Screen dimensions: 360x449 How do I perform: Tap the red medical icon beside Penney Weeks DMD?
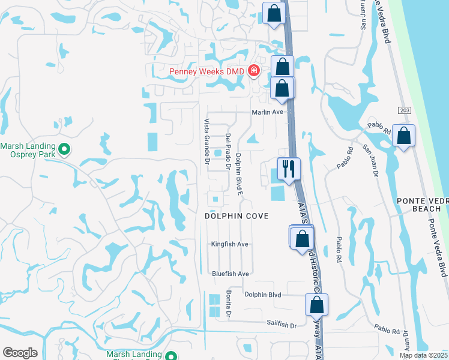click(x=253, y=71)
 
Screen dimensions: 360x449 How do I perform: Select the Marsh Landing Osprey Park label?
click(x=28, y=150)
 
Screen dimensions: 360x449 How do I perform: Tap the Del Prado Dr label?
click(x=228, y=151)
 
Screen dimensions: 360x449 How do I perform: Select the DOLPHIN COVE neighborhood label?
click(x=236, y=215)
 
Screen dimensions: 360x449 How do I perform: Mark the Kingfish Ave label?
click(x=229, y=244)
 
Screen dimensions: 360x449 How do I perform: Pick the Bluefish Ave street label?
click(x=230, y=274)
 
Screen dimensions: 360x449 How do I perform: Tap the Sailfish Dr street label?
click(x=282, y=324)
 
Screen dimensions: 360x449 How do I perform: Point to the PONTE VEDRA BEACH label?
click(x=420, y=204)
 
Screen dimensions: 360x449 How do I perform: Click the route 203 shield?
click(x=403, y=110)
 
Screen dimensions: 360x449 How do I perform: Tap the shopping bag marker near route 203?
click(x=405, y=136)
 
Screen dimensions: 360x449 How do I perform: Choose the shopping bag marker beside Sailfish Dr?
click(x=316, y=305)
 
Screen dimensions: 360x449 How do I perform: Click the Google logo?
click(x=20, y=353)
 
